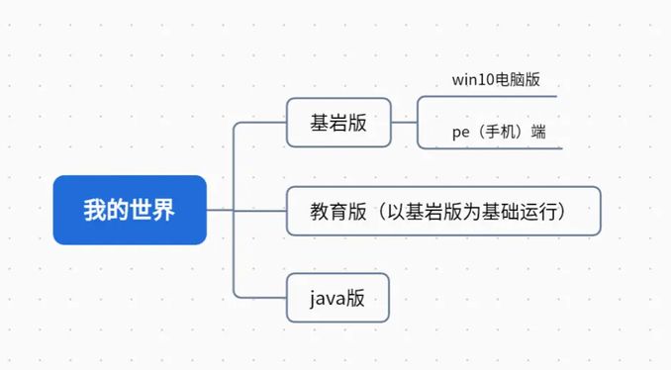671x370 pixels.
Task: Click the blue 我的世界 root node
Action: click(x=130, y=210)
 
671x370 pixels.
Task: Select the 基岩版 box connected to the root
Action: click(x=338, y=123)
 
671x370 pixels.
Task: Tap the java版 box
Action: click(x=337, y=297)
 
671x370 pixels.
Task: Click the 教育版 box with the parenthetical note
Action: click(x=442, y=211)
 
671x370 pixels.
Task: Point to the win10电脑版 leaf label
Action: click(x=496, y=80)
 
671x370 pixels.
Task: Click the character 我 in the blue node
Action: click(x=94, y=210)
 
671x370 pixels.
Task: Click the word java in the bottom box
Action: click(x=326, y=298)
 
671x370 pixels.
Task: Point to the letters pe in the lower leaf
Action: click(x=460, y=133)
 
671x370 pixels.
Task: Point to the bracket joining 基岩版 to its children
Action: click(x=417, y=123)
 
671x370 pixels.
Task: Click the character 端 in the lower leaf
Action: click(x=538, y=132)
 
